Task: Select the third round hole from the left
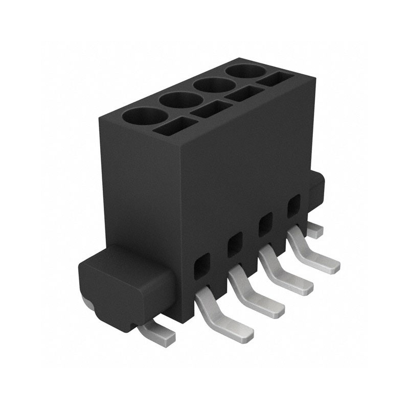[x=214, y=85]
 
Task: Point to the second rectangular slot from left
[x=212, y=109]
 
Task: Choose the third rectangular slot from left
[x=244, y=93]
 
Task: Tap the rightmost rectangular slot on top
[x=275, y=79]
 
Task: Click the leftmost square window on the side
[x=202, y=266]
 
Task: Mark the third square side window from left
[x=265, y=224]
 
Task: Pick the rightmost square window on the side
[x=293, y=206]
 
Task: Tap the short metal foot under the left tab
[x=158, y=331]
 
